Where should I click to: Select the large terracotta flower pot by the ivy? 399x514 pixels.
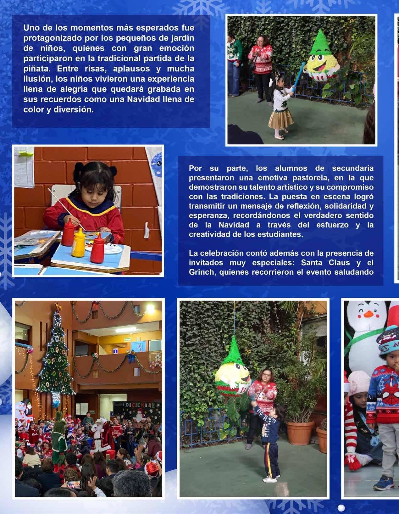coord(300,432)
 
